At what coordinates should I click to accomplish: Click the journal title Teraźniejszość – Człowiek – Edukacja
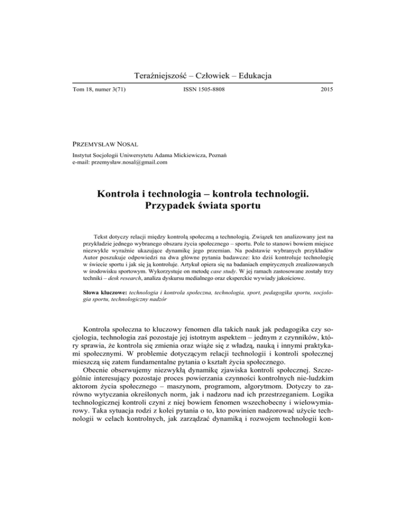202,77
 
